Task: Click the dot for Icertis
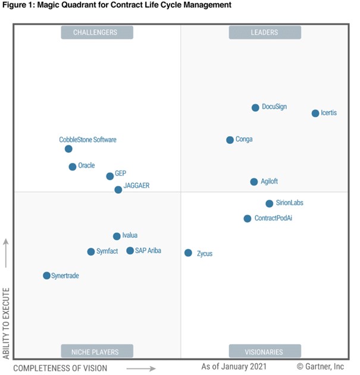point(315,113)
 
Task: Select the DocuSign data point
point(255,108)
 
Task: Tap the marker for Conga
point(230,140)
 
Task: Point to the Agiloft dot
point(254,182)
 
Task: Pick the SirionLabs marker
point(270,203)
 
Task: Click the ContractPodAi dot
point(248,219)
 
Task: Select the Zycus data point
point(188,253)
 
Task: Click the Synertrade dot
point(46,276)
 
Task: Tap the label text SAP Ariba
point(148,251)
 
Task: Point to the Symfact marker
point(91,252)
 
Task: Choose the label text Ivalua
point(130,236)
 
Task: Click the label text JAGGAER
point(137,185)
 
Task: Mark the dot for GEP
point(109,177)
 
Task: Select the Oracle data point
point(73,167)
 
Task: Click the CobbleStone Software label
point(87,140)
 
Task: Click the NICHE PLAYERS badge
point(95,351)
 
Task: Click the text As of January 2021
point(234,367)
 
